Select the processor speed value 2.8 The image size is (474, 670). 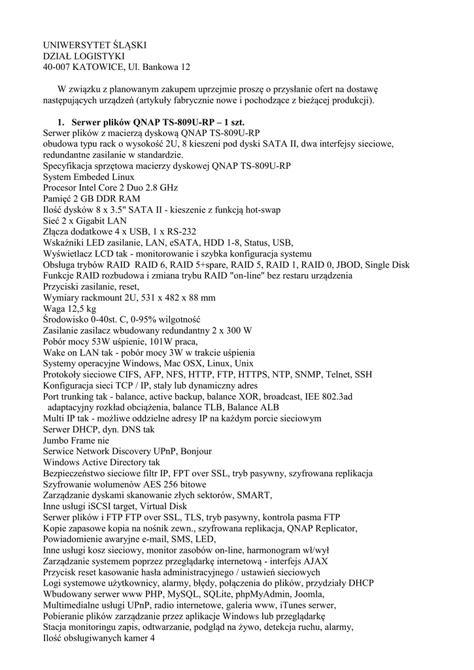136,187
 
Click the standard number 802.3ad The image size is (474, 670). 333,397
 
